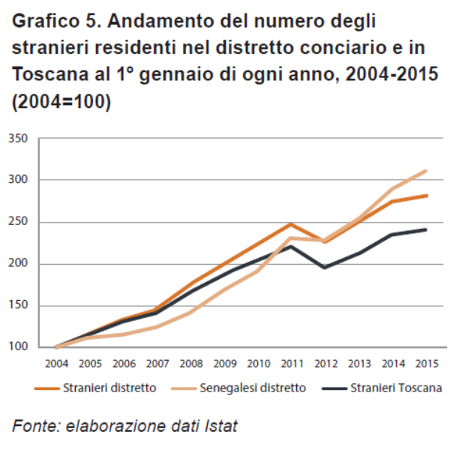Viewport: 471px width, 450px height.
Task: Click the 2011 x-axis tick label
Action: [291, 363]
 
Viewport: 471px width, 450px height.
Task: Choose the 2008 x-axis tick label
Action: [190, 363]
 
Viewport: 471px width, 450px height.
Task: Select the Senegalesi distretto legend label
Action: [252, 388]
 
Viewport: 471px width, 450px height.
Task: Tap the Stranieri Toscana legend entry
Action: [397, 388]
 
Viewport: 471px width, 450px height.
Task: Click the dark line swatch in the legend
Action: [335, 388]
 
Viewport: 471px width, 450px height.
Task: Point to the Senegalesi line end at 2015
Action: [426, 171]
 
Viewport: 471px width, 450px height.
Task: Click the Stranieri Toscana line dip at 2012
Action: [325, 267]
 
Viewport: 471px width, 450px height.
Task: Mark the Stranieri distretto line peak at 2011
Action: [291, 223]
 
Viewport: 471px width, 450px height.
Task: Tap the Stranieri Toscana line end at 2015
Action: [426, 229]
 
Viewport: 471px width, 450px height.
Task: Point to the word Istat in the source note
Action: [220, 427]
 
